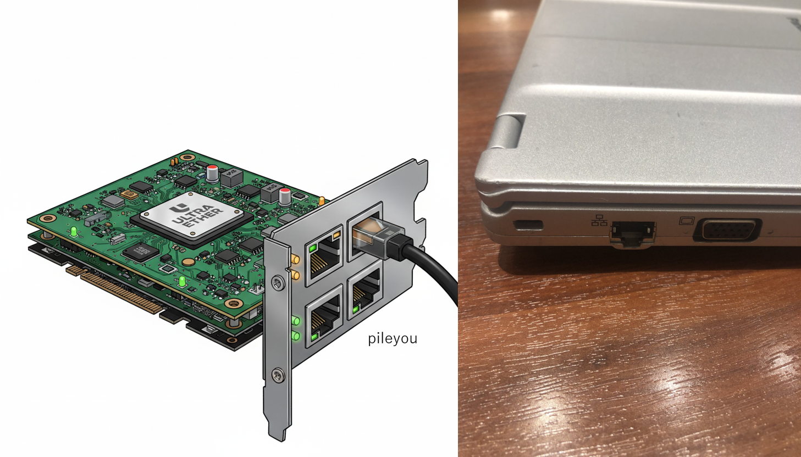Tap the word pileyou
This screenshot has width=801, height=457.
(393, 338)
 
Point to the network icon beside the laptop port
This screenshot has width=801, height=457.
(599, 220)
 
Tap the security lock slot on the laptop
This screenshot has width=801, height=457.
(528, 225)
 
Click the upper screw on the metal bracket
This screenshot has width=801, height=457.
(278, 283)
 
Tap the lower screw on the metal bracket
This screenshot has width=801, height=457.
(278, 375)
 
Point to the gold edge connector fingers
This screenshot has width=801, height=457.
(114, 289)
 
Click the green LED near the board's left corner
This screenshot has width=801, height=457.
(74, 232)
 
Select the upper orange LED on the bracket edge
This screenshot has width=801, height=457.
(296, 259)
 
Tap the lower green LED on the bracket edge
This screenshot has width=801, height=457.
(296, 336)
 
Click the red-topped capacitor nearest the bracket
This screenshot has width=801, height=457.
(285, 197)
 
